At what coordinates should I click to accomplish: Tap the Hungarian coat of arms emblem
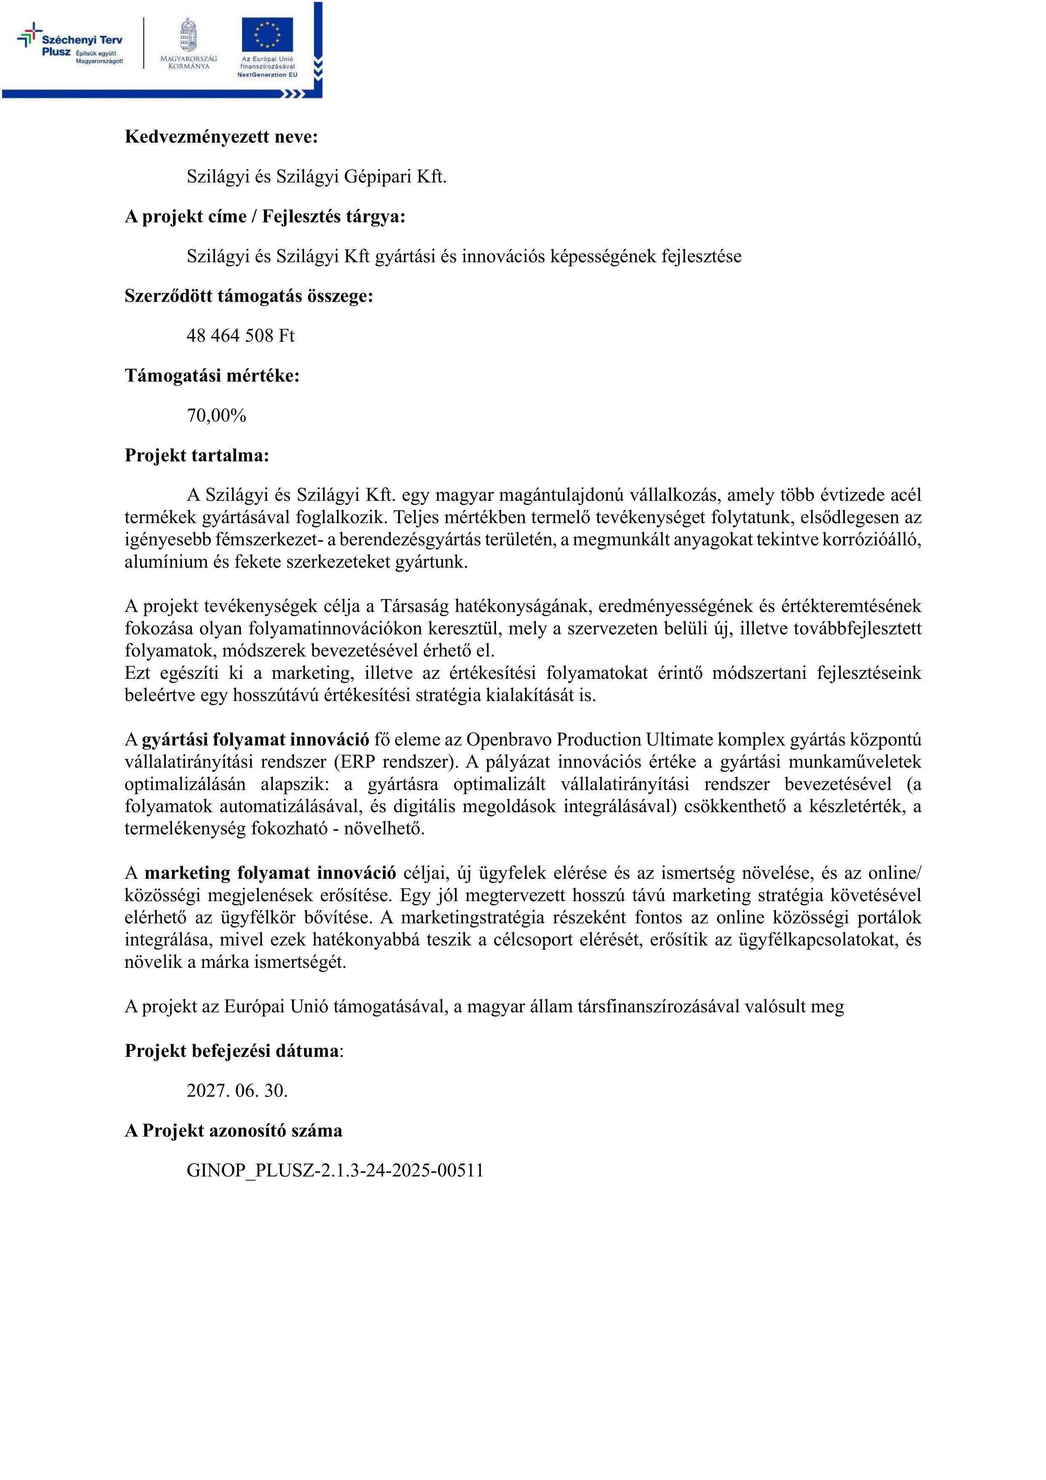tap(188, 35)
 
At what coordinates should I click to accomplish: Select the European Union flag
tap(267, 35)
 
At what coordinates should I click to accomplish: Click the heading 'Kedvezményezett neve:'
tap(221, 137)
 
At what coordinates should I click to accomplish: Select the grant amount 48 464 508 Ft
tap(240, 336)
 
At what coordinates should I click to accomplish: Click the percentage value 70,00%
tap(216, 416)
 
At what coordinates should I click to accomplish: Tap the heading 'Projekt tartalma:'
tap(197, 456)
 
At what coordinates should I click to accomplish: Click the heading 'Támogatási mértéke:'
tap(212, 376)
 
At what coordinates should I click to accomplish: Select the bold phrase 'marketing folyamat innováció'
tap(270, 873)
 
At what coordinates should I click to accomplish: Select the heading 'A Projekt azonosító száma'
tap(233, 1131)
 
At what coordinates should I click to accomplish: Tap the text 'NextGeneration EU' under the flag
tap(267, 75)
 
